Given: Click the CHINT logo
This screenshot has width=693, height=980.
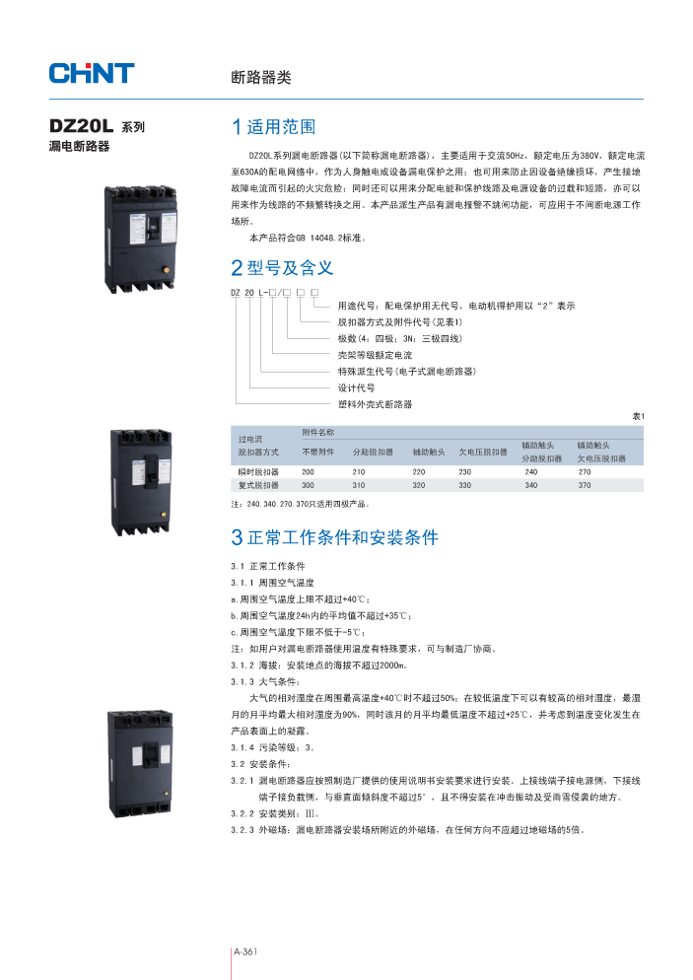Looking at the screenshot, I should coord(92,72).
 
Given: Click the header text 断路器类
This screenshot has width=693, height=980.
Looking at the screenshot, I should coord(260,77).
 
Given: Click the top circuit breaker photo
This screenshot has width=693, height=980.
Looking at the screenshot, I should coord(140,241).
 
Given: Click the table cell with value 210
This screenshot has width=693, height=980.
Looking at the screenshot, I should coord(359,472).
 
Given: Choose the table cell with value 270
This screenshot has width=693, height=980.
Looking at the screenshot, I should coord(585,472).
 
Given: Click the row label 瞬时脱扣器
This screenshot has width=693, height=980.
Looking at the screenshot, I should coord(259,472).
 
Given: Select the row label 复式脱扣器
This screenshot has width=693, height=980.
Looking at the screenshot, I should coord(259,485).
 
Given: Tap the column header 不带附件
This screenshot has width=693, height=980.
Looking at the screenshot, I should coord(318,452).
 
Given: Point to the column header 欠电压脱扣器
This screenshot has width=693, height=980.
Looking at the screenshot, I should coord(483,452).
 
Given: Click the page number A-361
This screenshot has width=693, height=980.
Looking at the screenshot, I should coord(244,951).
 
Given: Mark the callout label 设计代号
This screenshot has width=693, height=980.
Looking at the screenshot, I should coord(356,387).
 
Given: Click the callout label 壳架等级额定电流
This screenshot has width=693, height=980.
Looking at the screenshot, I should coord(375,354).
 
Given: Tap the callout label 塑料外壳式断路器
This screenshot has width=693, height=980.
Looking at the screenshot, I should coord(375,404).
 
